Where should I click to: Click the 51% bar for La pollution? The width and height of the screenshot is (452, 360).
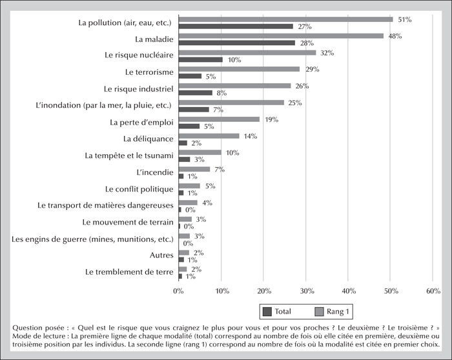coord(285,19)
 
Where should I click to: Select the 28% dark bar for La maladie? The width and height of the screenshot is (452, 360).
coord(237,43)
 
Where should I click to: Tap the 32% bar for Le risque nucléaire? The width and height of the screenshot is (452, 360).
coord(247,53)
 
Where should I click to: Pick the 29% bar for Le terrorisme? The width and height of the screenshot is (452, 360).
coord(240,69)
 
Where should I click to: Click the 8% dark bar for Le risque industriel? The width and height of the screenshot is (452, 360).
coord(196,93)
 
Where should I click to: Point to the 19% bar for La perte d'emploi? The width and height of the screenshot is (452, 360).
coord(219,119)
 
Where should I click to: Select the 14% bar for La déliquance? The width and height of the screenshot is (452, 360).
coord(209,136)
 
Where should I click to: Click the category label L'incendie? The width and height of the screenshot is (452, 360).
coord(155,172)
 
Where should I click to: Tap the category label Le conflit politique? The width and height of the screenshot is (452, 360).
coord(139,189)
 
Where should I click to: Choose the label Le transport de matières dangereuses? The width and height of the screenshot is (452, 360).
coord(105,205)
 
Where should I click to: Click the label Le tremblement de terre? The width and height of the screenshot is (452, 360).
coord(129,272)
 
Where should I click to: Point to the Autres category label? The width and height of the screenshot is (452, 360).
coord(161,255)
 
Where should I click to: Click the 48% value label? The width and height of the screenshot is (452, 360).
coord(395,36)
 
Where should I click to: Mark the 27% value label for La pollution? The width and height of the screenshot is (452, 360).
coord(305,27)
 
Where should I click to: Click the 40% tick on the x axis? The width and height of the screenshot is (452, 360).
coord(349,291)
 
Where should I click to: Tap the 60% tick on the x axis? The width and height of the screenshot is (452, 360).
coord(433,291)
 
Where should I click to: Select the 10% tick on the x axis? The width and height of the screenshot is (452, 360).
coord(222,291)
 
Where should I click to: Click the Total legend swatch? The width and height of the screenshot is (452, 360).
coord(267,312)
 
